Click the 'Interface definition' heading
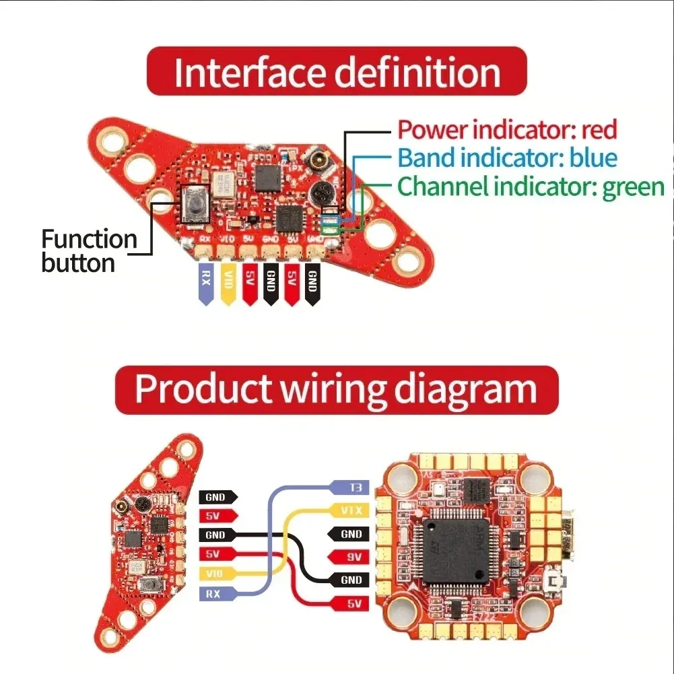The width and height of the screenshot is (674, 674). pos(336,72)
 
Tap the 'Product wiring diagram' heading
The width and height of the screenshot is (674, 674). pos(336,389)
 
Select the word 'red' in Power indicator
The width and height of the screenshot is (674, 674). pos(599,129)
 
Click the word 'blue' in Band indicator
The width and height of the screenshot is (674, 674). pos(593,158)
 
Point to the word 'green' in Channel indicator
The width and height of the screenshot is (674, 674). pos(633,187)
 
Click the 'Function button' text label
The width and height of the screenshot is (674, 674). pos(88,250)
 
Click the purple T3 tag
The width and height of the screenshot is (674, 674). pos(349,487)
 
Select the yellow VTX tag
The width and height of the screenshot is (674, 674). pos(349,511)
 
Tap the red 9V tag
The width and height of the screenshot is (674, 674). pos(349,557)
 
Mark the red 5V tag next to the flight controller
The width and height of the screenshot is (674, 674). pos(349,604)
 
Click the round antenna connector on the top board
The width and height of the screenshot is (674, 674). pos(317,162)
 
